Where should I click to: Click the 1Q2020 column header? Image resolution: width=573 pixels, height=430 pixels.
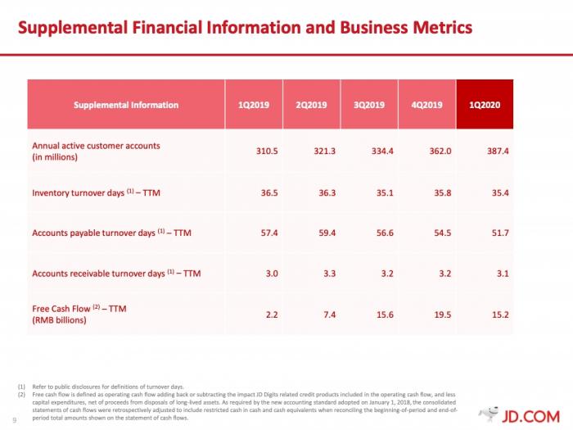tap(484, 105)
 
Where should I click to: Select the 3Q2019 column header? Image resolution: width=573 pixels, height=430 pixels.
tap(369, 105)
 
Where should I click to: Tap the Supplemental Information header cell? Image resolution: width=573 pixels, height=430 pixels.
tap(126, 105)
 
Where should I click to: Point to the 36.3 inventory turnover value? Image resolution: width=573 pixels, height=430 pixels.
tap(326, 193)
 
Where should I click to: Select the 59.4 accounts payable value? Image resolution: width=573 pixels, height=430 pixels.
tap(326, 233)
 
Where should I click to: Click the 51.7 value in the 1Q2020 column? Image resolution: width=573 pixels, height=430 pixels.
tap(499, 233)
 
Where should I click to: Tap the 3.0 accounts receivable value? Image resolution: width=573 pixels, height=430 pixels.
tap(270, 273)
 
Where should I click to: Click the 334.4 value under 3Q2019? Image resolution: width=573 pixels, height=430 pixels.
tap(381, 152)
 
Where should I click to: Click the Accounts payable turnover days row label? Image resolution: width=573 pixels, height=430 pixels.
tap(111, 233)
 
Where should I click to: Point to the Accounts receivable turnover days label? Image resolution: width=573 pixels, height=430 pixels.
tap(115, 273)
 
